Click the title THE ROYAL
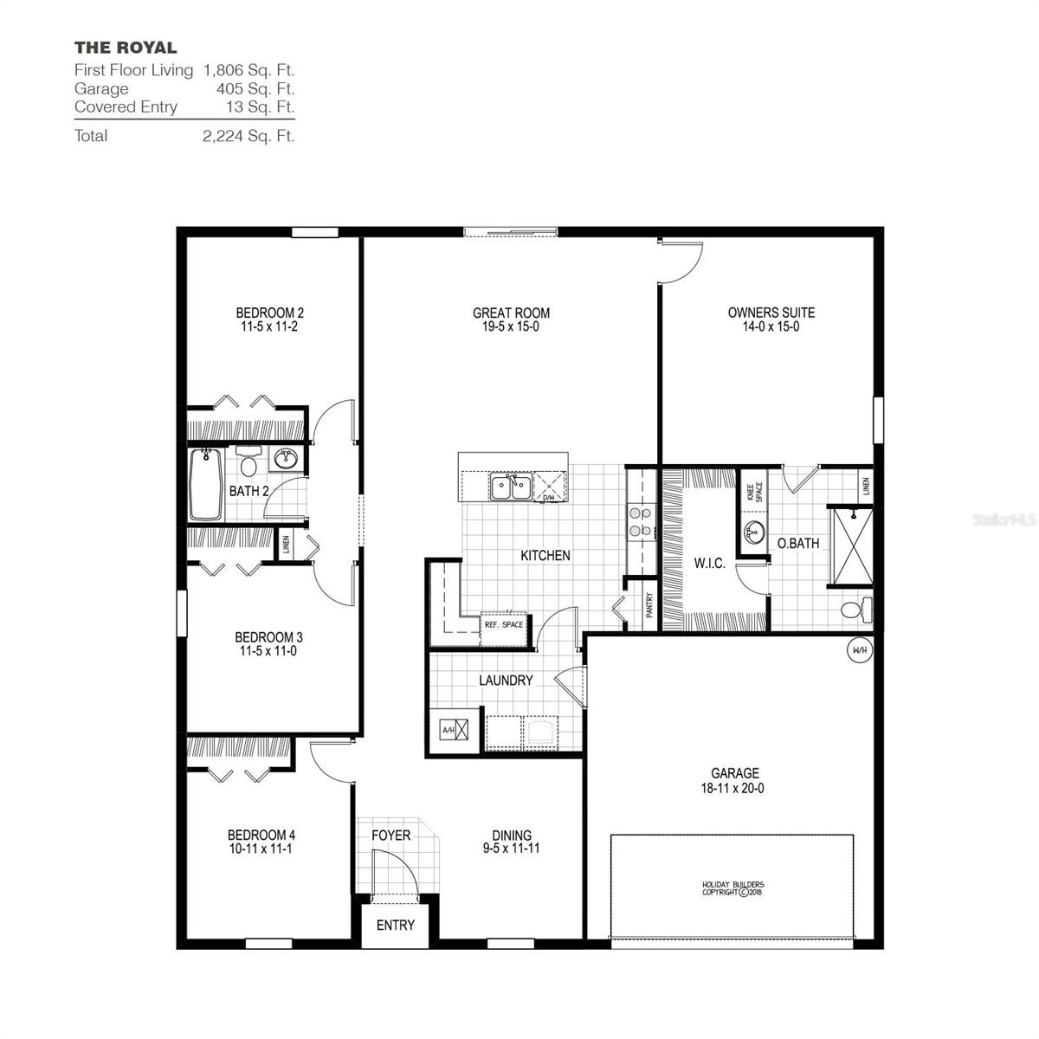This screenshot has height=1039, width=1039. [x=126, y=48]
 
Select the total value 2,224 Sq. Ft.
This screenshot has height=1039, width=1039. [x=248, y=136]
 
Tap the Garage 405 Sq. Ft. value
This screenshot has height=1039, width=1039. [x=255, y=88]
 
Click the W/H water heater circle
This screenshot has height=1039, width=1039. [x=859, y=650]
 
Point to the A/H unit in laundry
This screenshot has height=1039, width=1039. [x=456, y=730]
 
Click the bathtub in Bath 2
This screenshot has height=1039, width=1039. [x=206, y=485]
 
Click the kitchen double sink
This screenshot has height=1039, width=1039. [x=510, y=487]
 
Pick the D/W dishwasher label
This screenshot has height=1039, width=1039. [x=548, y=498]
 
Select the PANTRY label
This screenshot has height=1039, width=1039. [x=649, y=603]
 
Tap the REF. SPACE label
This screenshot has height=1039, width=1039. [x=503, y=624]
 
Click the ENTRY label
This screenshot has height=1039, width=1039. [x=395, y=925]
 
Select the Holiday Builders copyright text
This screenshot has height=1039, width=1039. [x=732, y=888]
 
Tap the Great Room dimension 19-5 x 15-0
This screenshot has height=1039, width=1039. [x=511, y=327]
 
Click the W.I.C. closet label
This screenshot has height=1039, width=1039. [x=709, y=564]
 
